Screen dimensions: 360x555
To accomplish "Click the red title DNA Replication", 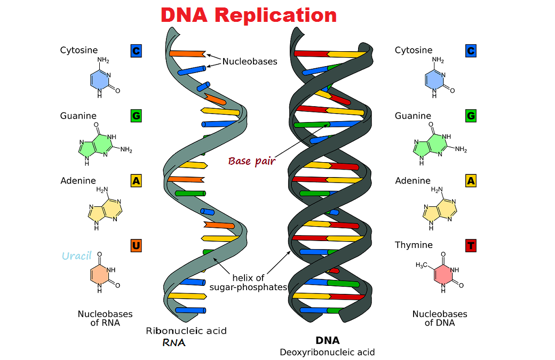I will (x=249, y=15).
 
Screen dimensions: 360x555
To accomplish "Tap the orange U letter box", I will (x=136, y=246).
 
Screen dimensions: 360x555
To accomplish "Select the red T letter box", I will (x=471, y=246).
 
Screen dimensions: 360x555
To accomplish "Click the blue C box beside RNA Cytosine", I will (x=136, y=51).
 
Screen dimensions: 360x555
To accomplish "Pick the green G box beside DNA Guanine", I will (x=471, y=116).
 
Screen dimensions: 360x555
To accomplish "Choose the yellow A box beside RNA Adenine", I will (x=136, y=181).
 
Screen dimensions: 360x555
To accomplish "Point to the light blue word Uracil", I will (x=77, y=256).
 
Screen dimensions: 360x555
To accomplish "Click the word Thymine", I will (x=414, y=245).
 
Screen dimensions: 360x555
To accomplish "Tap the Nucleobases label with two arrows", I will (x=250, y=61).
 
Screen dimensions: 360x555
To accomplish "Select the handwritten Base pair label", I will (x=251, y=161).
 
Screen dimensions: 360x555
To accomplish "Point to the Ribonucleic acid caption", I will (x=186, y=331).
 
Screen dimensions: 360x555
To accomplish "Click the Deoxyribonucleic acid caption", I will (x=327, y=352).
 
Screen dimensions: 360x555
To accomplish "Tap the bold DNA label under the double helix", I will (x=327, y=340).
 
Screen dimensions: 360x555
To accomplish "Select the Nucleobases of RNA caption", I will (x=105, y=318).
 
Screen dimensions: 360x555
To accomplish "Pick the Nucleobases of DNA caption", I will (x=440, y=318).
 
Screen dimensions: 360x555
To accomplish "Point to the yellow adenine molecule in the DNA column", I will (x=440, y=209).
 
